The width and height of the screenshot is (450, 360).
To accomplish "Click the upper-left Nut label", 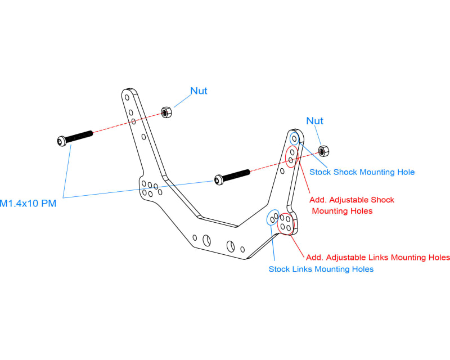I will pos(199,91).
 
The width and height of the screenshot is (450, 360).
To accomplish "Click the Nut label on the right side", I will pos(314,121).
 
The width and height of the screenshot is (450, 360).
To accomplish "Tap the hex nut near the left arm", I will pos(166,111).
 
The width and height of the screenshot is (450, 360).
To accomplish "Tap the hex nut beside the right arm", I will pos(323,150).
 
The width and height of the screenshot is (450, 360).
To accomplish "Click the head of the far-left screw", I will pos(61,141).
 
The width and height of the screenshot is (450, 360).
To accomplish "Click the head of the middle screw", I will pos(218,180).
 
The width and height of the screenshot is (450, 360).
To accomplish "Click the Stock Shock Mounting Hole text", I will pos(362,172).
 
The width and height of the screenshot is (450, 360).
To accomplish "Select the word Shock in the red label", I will pos(382,200).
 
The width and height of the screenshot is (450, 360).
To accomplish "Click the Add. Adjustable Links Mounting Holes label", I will pos(380,257).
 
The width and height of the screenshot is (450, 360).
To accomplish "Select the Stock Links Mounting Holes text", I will pos(321,269).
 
